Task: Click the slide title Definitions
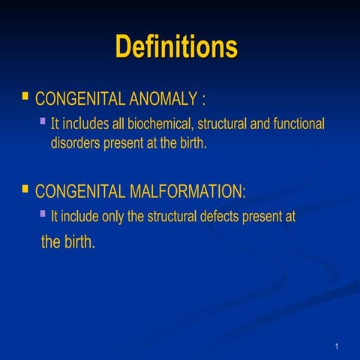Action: tap(176, 46)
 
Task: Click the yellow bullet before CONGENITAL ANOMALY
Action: tap(25, 97)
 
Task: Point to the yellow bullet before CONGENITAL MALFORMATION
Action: tap(25, 189)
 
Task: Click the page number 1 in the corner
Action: tap(337, 346)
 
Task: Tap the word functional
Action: tap(298, 123)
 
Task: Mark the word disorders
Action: tap(74, 142)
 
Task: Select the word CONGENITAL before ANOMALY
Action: tap(71, 99)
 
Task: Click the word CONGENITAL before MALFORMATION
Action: tap(71, 191)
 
